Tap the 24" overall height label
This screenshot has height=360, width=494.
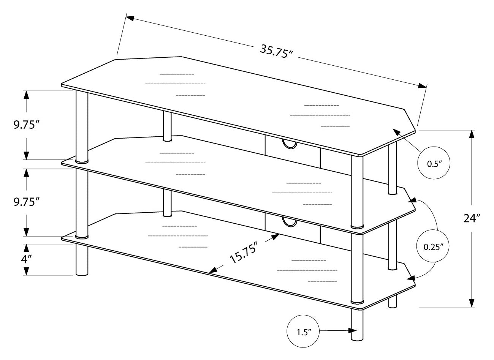pos(472,218)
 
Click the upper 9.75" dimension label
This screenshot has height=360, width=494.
pos(27,125)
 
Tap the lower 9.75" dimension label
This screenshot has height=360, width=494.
pos(27,202)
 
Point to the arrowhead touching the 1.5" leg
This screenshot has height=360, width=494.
pos(353,336)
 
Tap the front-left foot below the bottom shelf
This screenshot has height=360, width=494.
pos(82,260)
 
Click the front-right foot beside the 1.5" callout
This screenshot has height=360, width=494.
pos(357,325)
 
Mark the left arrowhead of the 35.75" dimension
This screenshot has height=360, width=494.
pos(130,18)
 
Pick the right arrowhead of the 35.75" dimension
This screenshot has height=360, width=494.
pos(422,85)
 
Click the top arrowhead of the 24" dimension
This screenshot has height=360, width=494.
pos(472,134)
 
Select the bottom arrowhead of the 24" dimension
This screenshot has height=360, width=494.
pos(472,303)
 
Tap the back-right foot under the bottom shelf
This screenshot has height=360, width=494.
pos(393,302)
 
